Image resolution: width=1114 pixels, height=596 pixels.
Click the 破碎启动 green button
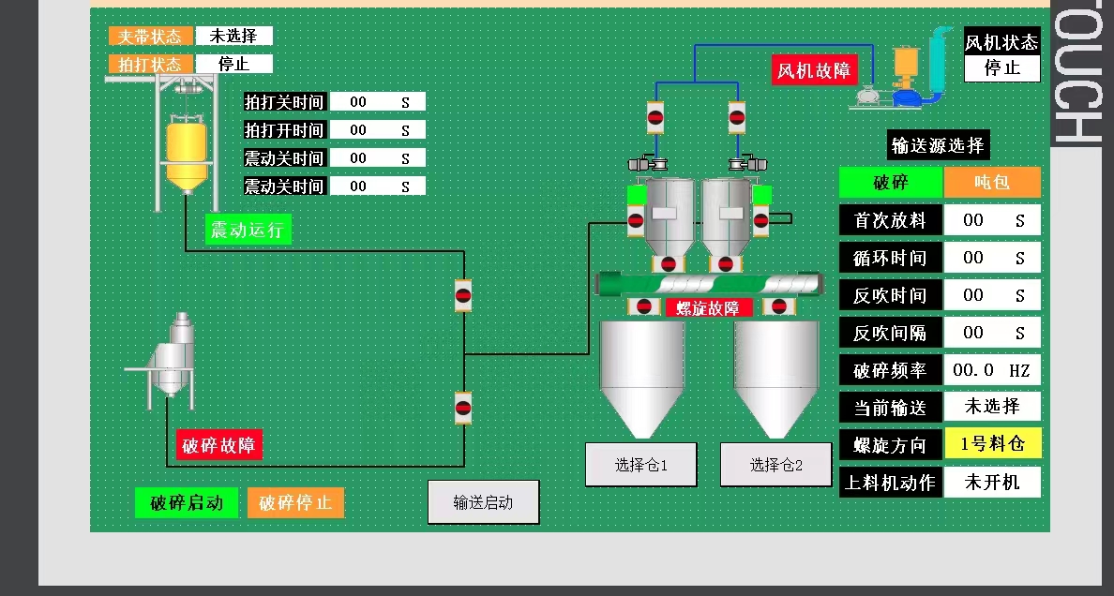[187, 503]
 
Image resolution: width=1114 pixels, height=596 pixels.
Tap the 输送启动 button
[483, 502]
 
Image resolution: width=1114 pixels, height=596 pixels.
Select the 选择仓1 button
[640, 465]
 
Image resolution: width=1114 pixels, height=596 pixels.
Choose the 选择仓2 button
[776, 465]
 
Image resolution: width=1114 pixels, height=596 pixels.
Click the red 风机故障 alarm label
[815, 69]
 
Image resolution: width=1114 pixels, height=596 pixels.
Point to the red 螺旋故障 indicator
[708, 307]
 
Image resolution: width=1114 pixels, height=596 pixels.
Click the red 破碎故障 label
[219, 445]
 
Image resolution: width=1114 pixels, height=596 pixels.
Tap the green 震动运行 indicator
[248, 230]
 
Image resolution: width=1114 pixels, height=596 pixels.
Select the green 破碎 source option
[890, 183]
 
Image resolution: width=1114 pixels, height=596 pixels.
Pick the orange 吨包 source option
[992, 183]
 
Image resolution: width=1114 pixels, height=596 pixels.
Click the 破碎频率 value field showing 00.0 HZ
[991, 370]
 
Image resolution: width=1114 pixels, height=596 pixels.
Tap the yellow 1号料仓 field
[992, 444]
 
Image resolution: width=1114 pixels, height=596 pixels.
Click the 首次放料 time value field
[991, 220]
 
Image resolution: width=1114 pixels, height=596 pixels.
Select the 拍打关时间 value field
[377, 102]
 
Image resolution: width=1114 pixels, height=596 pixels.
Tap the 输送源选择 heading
[938, 145]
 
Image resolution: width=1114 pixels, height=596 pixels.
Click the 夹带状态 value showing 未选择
[233, 36]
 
